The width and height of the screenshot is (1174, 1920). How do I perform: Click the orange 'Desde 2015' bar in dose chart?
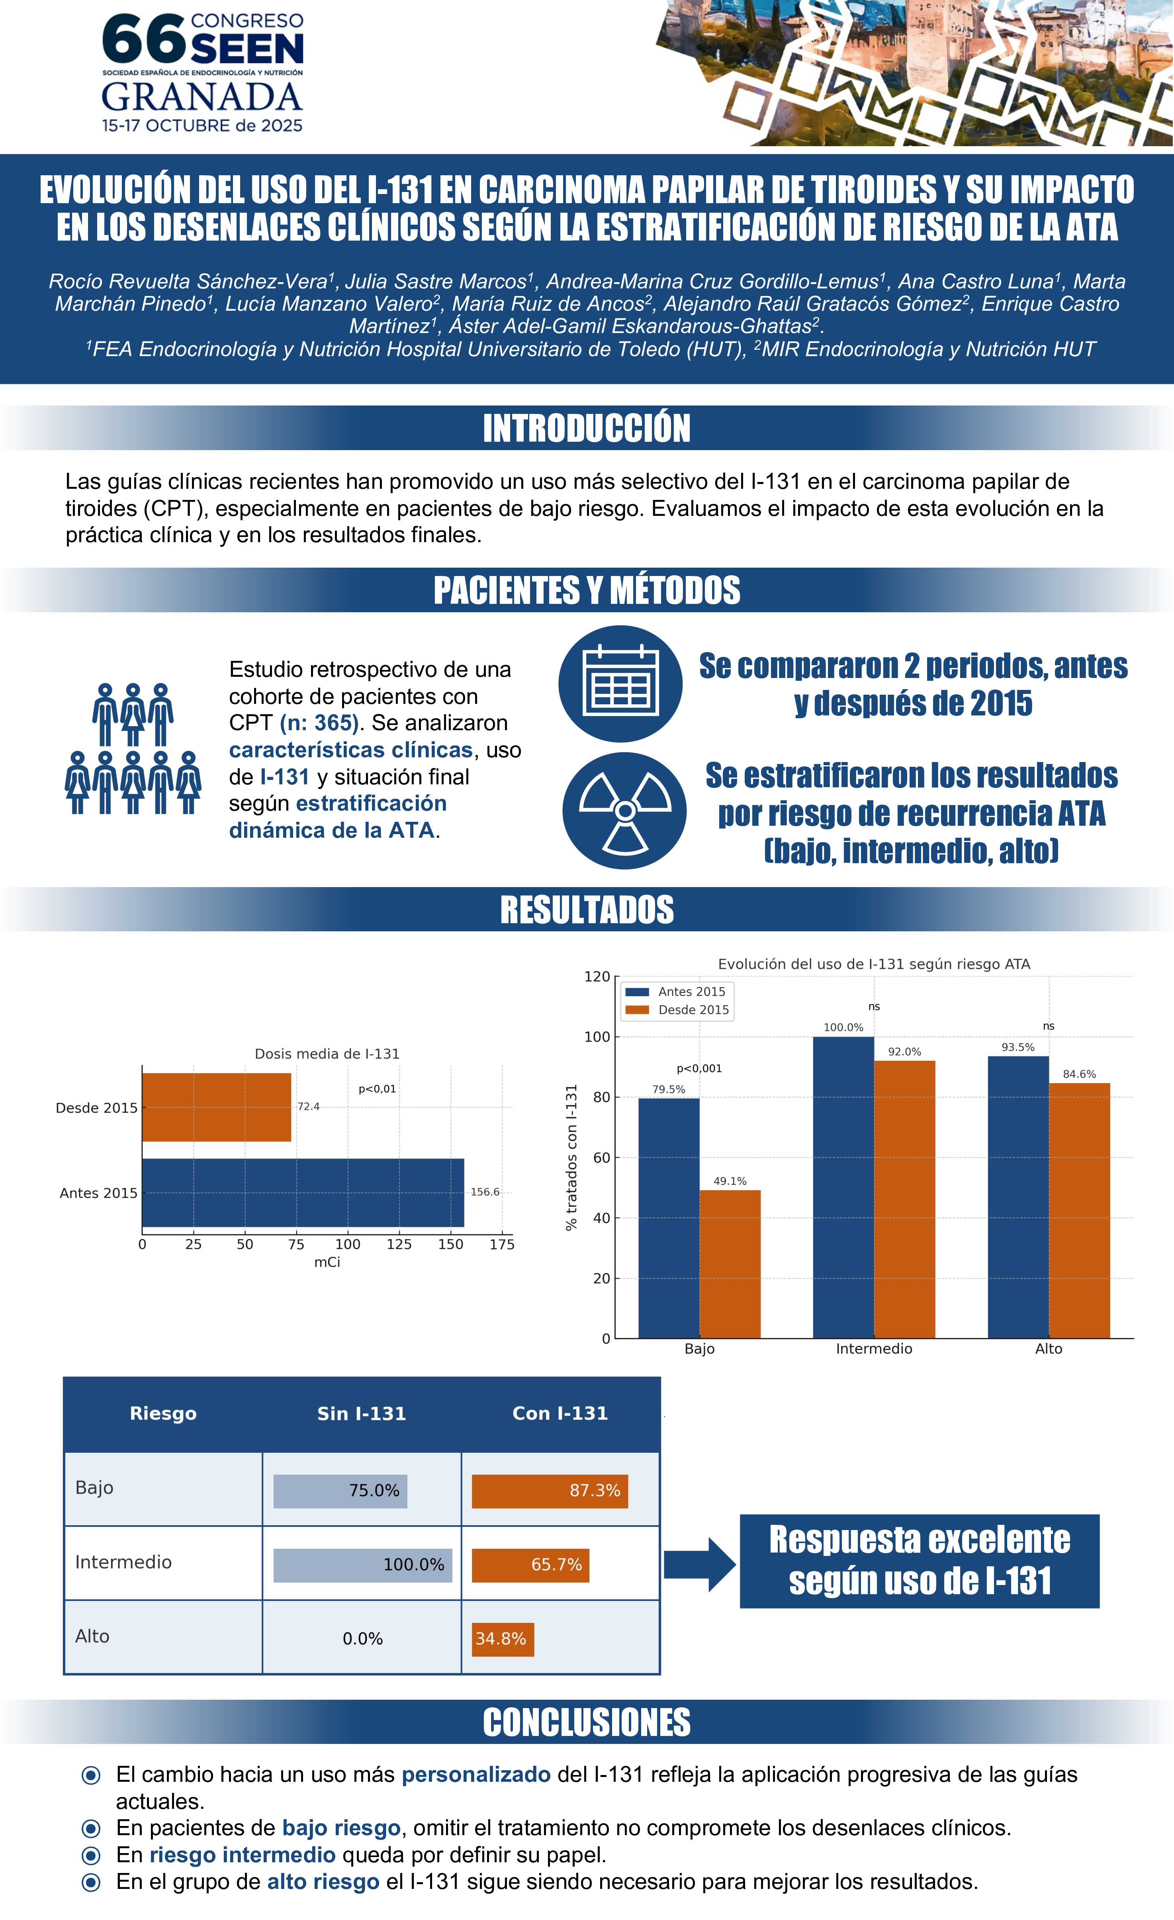tap(217, 1107)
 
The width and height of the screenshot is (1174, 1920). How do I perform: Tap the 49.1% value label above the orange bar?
tap(730, 1181)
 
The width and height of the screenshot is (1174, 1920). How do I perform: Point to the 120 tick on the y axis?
tap(597, 976)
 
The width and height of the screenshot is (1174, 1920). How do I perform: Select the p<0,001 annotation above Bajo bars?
tap(699, 1068)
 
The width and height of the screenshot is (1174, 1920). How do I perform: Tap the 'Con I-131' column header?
tap(560, 1413)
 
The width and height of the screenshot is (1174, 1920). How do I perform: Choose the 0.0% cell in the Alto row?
tap(362, 1639)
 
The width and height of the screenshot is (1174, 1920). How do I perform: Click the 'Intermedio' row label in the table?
tap(123, 1562)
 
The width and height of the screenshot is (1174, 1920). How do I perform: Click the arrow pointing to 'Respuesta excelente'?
tap(699, 1565)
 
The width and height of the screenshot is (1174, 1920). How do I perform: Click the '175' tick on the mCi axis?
tap(502, 1244)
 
